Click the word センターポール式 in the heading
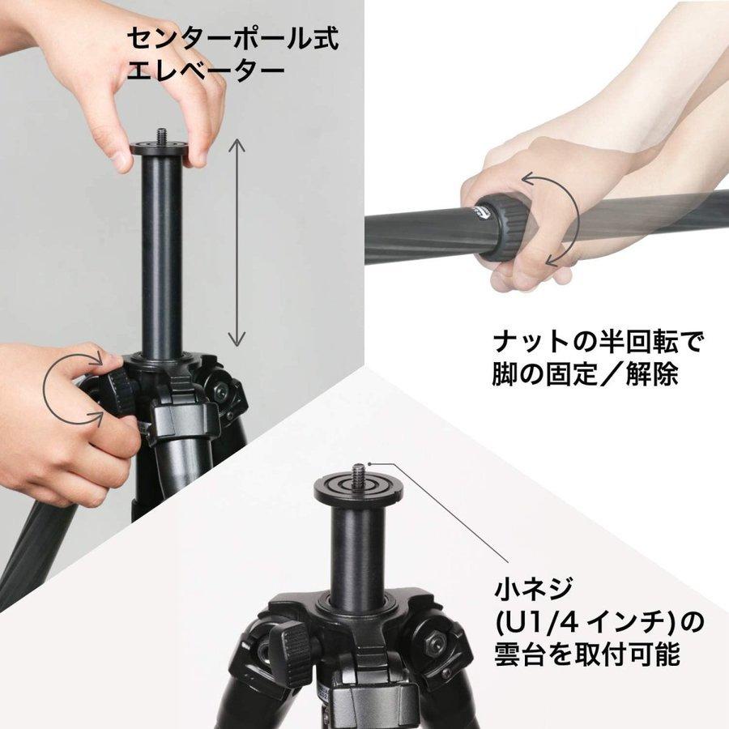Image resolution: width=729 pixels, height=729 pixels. click(x=232, y=39)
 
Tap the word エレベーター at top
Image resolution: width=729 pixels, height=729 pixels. click(x=206, y=70)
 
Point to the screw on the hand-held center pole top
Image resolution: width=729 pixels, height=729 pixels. click(x=161, y=134)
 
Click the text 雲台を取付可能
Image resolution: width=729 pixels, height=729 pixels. click(x=587, y=655)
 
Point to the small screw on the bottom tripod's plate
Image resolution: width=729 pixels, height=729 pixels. click(x=357, y=469)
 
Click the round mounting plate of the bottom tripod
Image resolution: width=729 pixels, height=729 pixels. click(x=357, y=488)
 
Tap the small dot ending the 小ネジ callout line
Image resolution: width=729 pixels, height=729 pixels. click(x=390, y=464)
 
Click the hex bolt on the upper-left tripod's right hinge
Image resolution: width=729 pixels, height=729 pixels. click(x=220, y=391)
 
